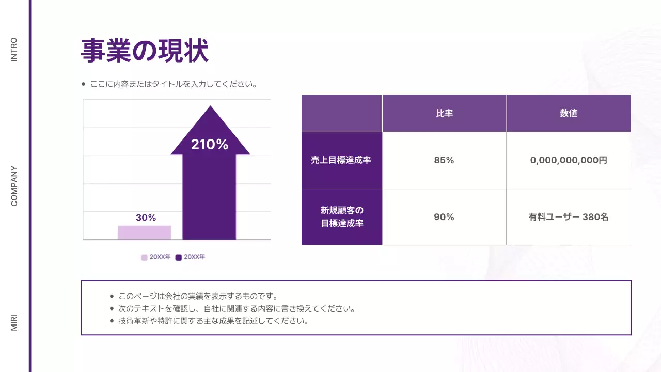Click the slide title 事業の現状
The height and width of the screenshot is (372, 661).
145,51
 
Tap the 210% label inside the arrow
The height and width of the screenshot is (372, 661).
209,145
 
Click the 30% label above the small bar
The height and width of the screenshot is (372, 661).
146,218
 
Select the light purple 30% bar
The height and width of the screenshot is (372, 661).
144,233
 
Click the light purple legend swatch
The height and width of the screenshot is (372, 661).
144,257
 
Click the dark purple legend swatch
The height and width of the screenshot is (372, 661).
179,257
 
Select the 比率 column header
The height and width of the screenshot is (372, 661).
444,113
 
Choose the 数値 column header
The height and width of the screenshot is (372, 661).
568,113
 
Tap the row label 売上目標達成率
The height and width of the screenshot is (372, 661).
341,160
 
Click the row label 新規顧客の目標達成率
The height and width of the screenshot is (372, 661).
341,217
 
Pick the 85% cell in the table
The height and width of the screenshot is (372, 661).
444,160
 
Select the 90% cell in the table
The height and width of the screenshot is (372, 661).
444,217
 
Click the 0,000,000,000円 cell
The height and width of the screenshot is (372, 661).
569,160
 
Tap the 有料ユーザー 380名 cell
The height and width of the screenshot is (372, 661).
569,217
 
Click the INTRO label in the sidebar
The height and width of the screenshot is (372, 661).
14,50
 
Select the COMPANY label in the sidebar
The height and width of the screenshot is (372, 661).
14,186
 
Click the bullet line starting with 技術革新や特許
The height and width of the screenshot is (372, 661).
213,321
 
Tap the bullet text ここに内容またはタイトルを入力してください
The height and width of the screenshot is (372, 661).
174,84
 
